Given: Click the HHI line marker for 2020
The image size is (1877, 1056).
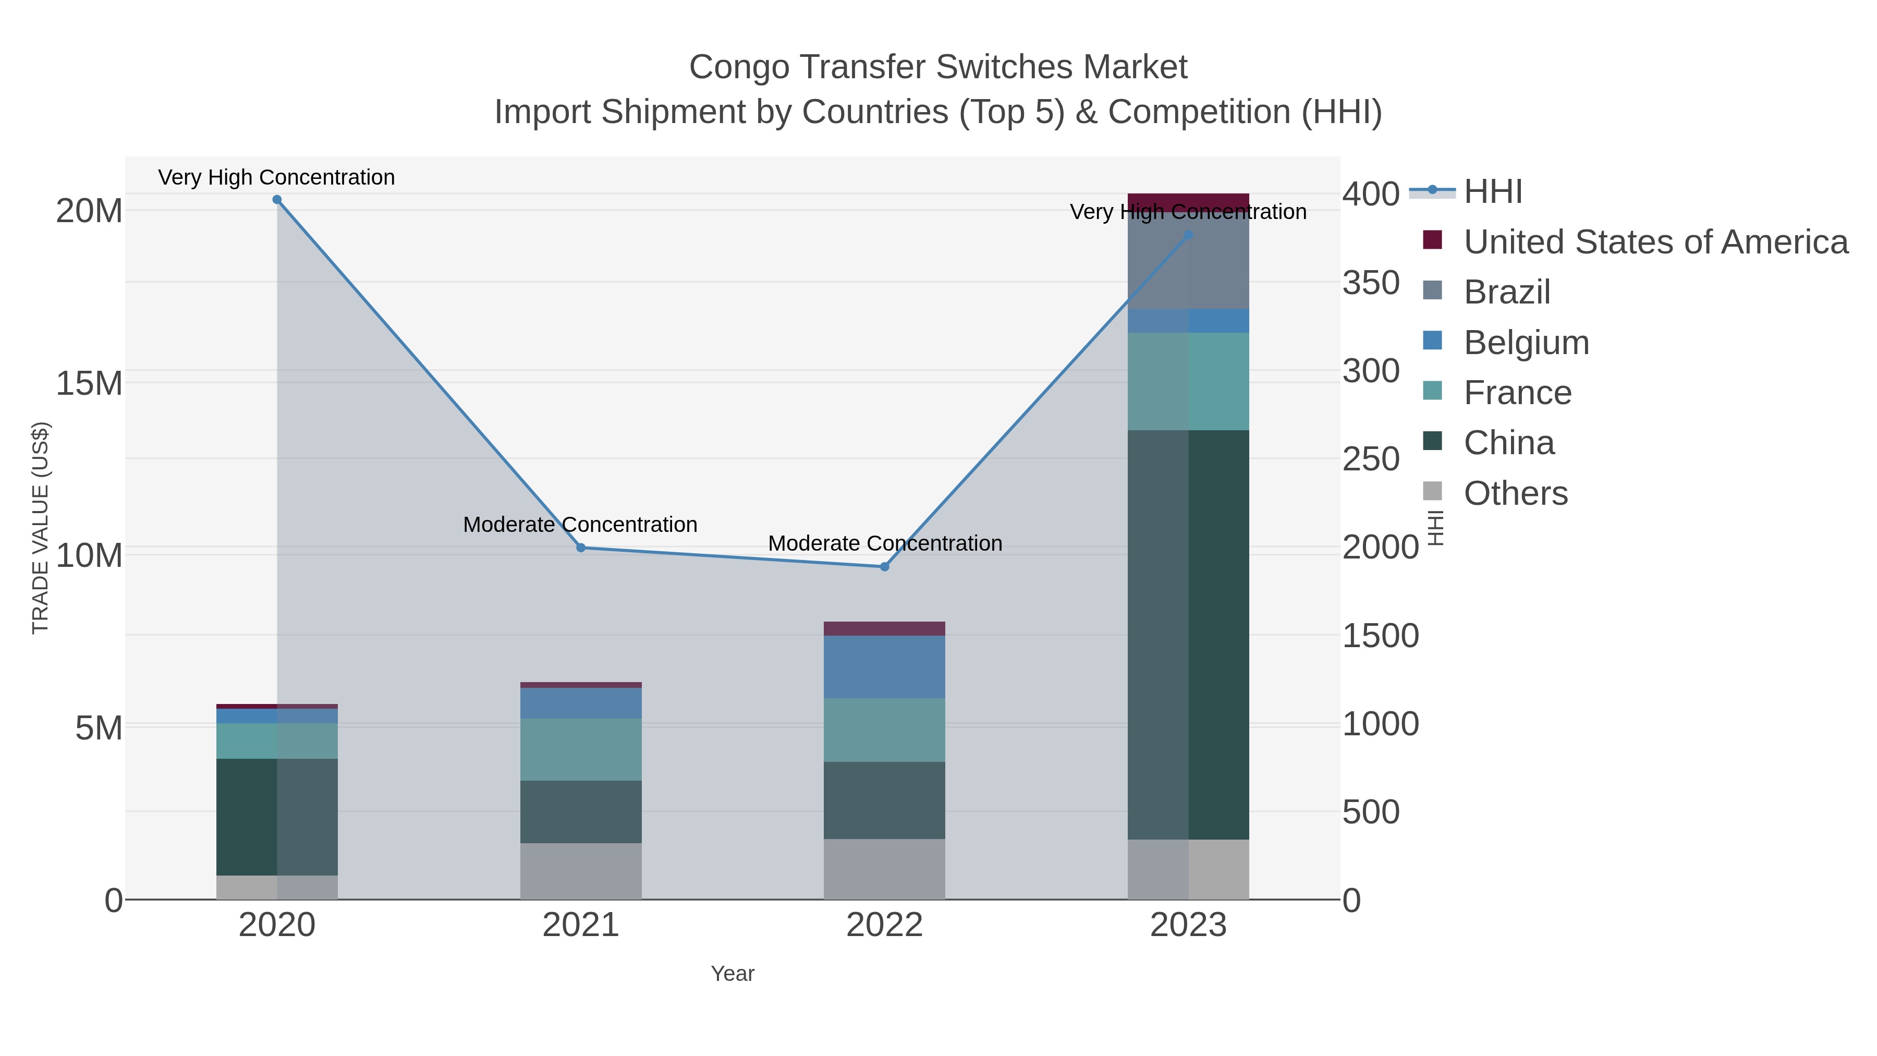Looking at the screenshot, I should (277, 200).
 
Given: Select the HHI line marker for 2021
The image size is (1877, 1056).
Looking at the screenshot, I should (581, 548).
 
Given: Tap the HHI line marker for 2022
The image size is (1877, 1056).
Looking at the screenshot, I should (885, 566).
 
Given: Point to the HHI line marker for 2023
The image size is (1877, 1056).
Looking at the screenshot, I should (1188, 235).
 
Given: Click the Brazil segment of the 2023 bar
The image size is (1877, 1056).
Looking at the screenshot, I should (1188, 262).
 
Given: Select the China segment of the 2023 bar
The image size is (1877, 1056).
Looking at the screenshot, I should (1188, 634).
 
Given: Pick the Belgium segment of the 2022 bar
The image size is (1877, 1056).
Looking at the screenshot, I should (885, 667).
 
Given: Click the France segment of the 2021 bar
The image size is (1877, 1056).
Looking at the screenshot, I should (581, 749).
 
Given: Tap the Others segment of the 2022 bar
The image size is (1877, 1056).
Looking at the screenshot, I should (885, 869).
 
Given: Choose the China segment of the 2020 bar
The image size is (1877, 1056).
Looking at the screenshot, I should (277, 816).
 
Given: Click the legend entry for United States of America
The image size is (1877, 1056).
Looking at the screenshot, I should (1654, 242).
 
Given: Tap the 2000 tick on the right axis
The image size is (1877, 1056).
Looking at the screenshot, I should (1380, 548).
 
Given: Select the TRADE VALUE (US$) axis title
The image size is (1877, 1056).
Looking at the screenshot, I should (40, 528).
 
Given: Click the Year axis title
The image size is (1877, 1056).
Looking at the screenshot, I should (733, 974).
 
